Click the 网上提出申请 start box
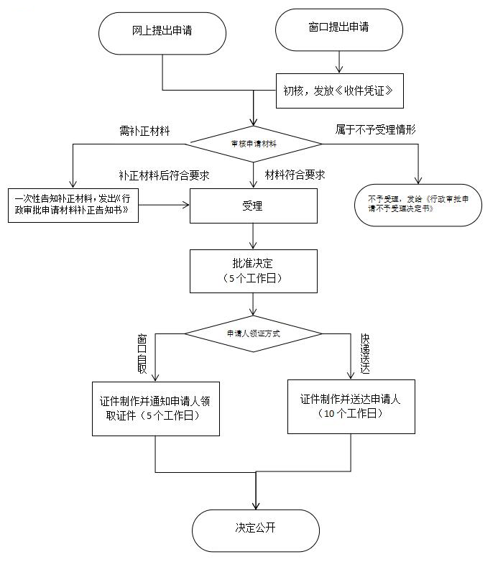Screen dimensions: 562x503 162,33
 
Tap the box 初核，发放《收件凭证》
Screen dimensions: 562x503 337,91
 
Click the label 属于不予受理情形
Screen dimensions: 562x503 376,130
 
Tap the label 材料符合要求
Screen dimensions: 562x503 295,175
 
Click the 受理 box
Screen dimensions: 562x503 253,207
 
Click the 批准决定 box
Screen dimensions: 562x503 253,271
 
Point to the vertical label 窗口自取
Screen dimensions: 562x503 142,353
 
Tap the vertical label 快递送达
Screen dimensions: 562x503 365,354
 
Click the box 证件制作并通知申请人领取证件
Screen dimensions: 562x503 156,408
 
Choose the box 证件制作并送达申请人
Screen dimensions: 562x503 351,406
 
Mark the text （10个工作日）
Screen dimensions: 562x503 351,415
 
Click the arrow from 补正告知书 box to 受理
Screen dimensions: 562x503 164,206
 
